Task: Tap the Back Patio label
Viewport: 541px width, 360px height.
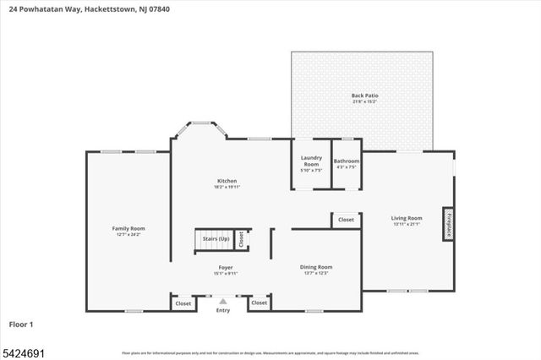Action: pos(364,96)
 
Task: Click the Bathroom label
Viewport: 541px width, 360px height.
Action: pos(347,161)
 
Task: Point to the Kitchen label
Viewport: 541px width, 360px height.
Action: pos(227,181)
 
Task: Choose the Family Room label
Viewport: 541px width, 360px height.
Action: pos(129,228)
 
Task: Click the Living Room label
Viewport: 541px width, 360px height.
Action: pos(406,218)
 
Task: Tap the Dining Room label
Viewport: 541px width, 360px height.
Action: pos(316,267)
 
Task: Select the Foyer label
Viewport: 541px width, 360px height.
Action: pos(227,267)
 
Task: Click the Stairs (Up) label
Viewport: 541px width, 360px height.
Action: pos(216,239)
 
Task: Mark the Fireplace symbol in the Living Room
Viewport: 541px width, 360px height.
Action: pos(448,223)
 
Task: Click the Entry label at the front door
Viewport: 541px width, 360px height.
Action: pos(222,310)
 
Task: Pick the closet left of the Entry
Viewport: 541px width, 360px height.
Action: pos(183,303)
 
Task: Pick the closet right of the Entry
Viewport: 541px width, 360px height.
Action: pos(259,303)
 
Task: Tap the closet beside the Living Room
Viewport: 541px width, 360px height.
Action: pos(346,220)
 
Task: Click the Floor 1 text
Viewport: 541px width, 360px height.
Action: pos(22,324)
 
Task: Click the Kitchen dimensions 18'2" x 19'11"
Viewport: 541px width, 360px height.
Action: pos(227,187)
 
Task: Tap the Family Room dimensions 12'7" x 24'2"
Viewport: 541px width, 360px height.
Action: pos(129,234)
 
